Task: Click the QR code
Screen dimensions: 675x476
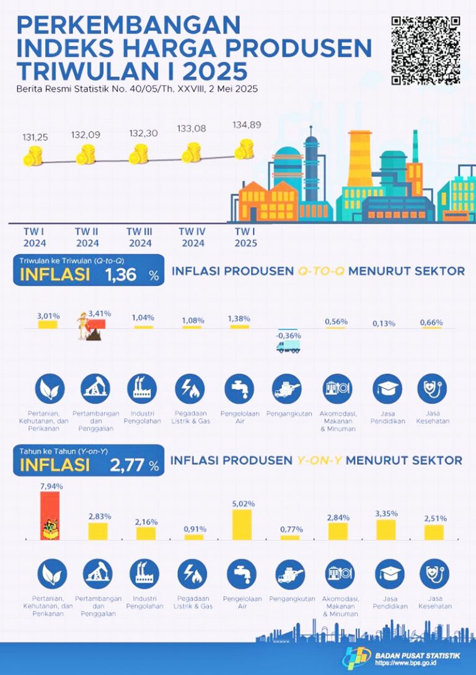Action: (x=425, y=50)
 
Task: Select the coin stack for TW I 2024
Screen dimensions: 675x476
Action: (x=32, y=156)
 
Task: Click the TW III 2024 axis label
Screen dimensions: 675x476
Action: (x=140, y=237)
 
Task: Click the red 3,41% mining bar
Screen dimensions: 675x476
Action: (x=97, y=324)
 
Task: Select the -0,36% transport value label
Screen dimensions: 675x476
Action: (x=288, y=336)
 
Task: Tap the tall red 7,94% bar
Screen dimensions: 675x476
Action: (x=50, y=515)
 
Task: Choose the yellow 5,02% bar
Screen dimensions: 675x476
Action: (x=242, y=524)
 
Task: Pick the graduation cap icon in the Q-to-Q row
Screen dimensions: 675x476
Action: (x=387, y=389)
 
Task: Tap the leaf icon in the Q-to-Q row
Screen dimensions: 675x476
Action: (x=48, y=389)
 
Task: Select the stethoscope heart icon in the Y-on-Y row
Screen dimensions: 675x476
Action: (x=434, y=574)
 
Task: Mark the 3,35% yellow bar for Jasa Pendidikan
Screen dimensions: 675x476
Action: (x=386, y=529)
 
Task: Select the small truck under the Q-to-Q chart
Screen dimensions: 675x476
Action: (x=288, y=347)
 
